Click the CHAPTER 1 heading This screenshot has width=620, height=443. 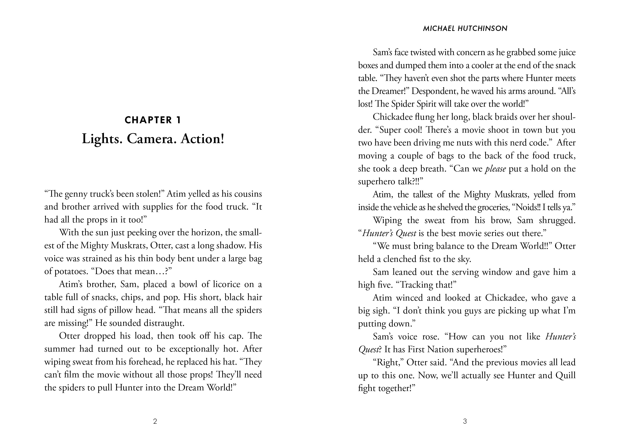coord(153,120)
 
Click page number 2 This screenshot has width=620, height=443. coord(155,422)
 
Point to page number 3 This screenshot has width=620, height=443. coord(465,422)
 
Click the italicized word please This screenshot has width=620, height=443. coord(495,169)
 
